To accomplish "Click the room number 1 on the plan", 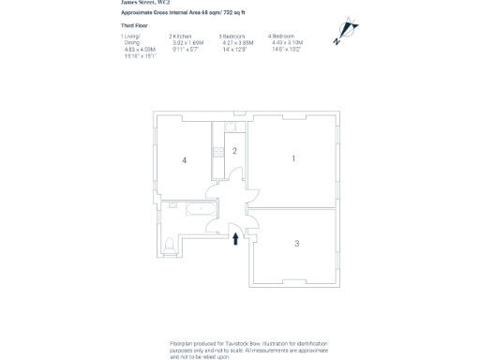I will pos(293,158).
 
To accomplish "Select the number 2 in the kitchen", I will pos(234,150).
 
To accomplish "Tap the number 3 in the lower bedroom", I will pos(296,243).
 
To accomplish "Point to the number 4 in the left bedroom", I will pos(185,160).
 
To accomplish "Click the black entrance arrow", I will pos(235,238).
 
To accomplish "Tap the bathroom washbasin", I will pos(172,205).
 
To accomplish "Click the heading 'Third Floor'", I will pos(134,25).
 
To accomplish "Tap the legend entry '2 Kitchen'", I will pos(180,36).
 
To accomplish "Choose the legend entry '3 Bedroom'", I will pos(232,36).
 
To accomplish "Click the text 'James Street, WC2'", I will pos(145,3).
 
